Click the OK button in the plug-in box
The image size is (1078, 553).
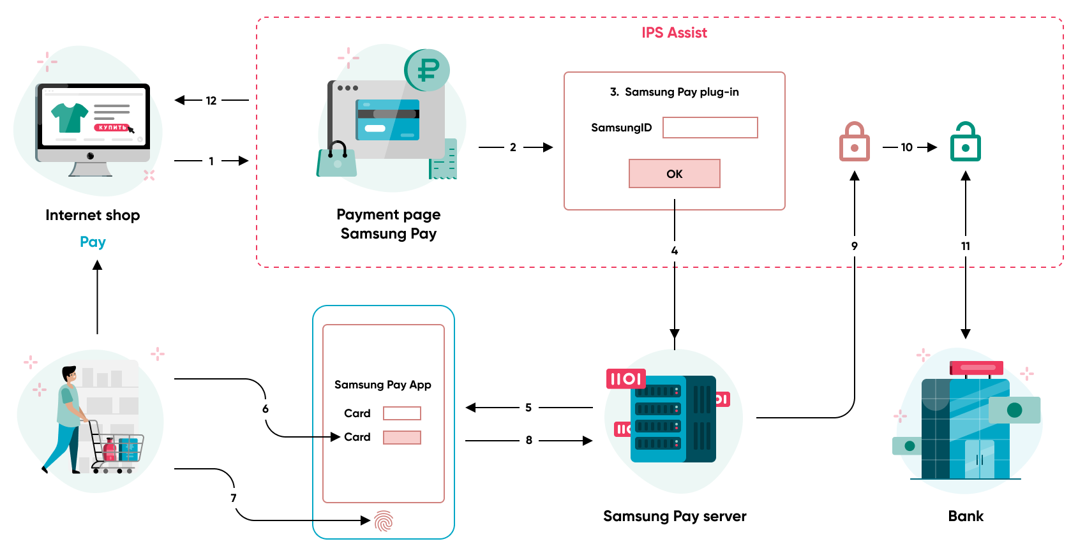coord(674,173)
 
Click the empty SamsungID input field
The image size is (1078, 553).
coord(710,128)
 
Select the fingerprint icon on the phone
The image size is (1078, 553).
coord(384,521)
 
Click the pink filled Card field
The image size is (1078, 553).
coord(401,438)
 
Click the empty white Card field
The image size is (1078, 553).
coord(401,413)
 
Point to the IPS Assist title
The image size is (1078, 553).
coord(674,33)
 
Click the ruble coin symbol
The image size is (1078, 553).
coord(428,70)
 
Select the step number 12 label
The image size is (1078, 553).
coord(211,101)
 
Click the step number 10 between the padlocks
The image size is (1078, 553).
coord(906,147)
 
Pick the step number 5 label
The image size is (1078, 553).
coord(528,408)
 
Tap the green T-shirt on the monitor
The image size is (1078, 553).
coord(70,117)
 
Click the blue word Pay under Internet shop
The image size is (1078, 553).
coord(93,242)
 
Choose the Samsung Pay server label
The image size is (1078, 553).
coord(675,516)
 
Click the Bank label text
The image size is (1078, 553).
coord(965,516)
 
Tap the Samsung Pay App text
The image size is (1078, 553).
coord(383,385)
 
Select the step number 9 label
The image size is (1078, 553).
coord(854,246)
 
